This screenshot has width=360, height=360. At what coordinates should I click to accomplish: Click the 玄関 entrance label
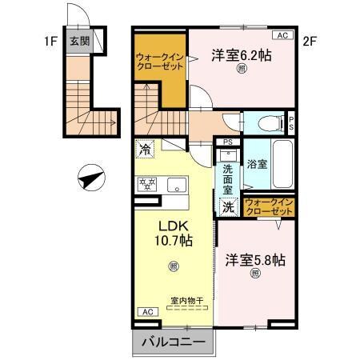[78, 42]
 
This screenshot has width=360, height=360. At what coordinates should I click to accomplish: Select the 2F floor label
[310, 38]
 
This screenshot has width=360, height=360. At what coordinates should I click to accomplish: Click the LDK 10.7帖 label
[171, 231]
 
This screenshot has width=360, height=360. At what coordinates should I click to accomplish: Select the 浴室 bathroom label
[258, 164]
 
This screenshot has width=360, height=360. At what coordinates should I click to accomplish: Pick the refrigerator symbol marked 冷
[145, 149]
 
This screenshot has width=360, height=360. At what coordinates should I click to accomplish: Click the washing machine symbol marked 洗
[229, 206]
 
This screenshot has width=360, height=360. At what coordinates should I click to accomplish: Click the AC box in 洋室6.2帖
[282, 35]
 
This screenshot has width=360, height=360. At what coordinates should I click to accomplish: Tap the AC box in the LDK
[147, 310]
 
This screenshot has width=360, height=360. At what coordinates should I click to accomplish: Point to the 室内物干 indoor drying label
[186, 302]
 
